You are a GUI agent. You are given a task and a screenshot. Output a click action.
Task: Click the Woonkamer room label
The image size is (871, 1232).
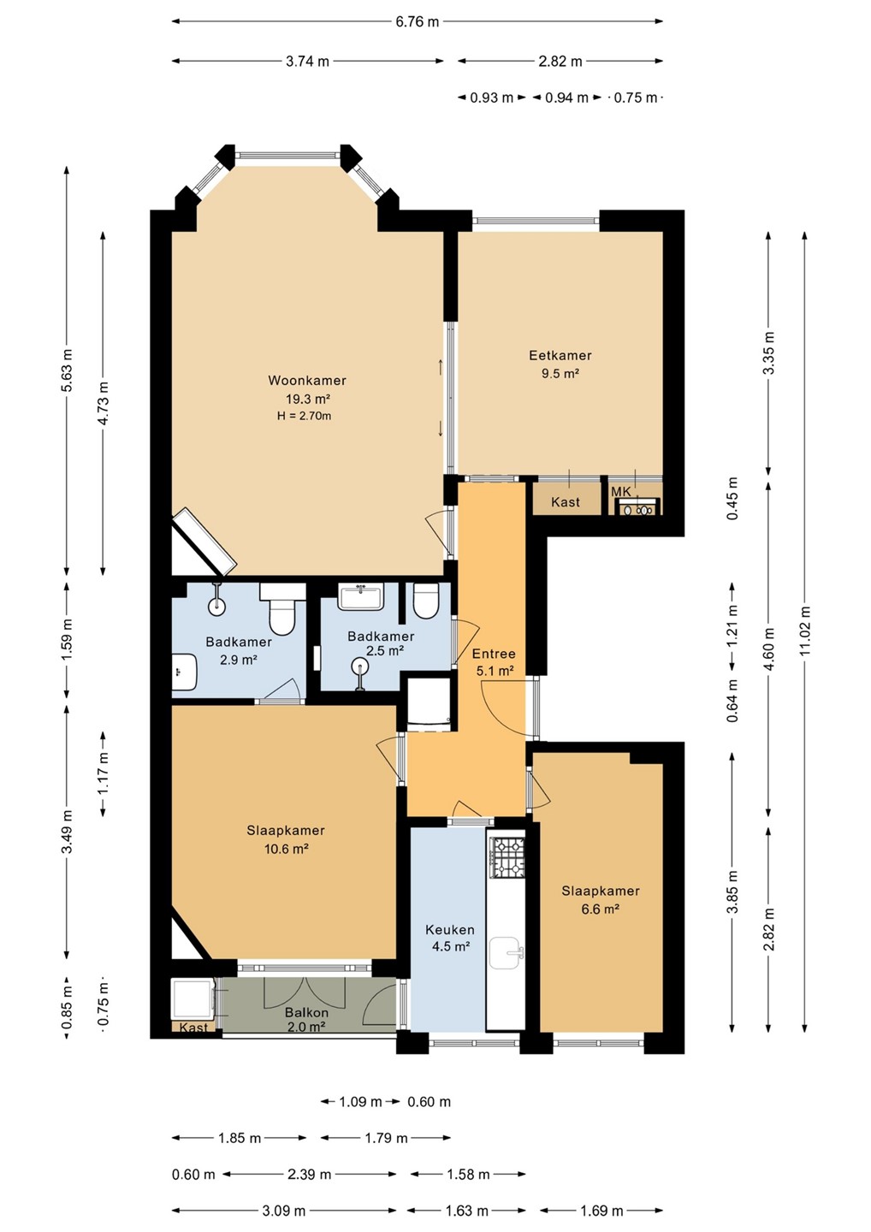coord(307,380)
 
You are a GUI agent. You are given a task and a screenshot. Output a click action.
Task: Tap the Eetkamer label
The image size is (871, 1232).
coord(560,355)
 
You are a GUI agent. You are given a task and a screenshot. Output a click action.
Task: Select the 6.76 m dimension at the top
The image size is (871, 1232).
coord(418,21)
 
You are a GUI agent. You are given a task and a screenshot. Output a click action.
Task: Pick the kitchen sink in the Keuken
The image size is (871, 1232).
coord(507,954)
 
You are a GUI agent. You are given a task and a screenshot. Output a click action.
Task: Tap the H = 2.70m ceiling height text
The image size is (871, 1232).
coord(304,416)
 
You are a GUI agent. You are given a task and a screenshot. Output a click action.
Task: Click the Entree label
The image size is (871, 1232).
coord(494,654)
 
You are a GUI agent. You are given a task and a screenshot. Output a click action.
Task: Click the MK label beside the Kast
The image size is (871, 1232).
coord(621,492)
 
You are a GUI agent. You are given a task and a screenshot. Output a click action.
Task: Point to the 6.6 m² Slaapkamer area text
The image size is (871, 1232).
coord(601,909)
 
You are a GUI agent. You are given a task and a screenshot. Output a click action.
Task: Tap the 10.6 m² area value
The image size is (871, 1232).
coord(286,849)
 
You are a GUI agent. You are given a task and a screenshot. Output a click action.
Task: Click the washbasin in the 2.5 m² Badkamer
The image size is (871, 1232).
coord(361,596)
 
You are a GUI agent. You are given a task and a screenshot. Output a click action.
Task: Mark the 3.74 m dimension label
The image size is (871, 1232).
coord(307,61)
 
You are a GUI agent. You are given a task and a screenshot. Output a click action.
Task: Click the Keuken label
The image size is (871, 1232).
coord(450,929)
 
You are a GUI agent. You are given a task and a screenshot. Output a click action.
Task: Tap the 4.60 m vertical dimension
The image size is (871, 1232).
coord(769,649)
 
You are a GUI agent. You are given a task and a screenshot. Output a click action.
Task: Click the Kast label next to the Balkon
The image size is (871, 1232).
coord(193,1028)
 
